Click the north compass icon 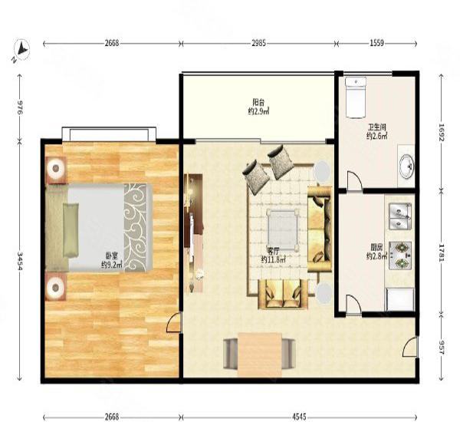22,49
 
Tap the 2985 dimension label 258,44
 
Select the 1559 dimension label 376,44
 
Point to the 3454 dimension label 21,260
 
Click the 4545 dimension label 299,417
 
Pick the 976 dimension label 21,107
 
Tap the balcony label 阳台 258,102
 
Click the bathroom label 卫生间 377,127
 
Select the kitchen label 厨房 376,246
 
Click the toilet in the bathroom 356,97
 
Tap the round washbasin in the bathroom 406,166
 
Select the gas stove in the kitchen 400,256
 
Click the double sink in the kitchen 400,216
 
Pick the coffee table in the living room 282,229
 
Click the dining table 260,354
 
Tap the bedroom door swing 174,322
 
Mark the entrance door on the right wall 410,347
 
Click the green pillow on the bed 71,230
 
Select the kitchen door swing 353,305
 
